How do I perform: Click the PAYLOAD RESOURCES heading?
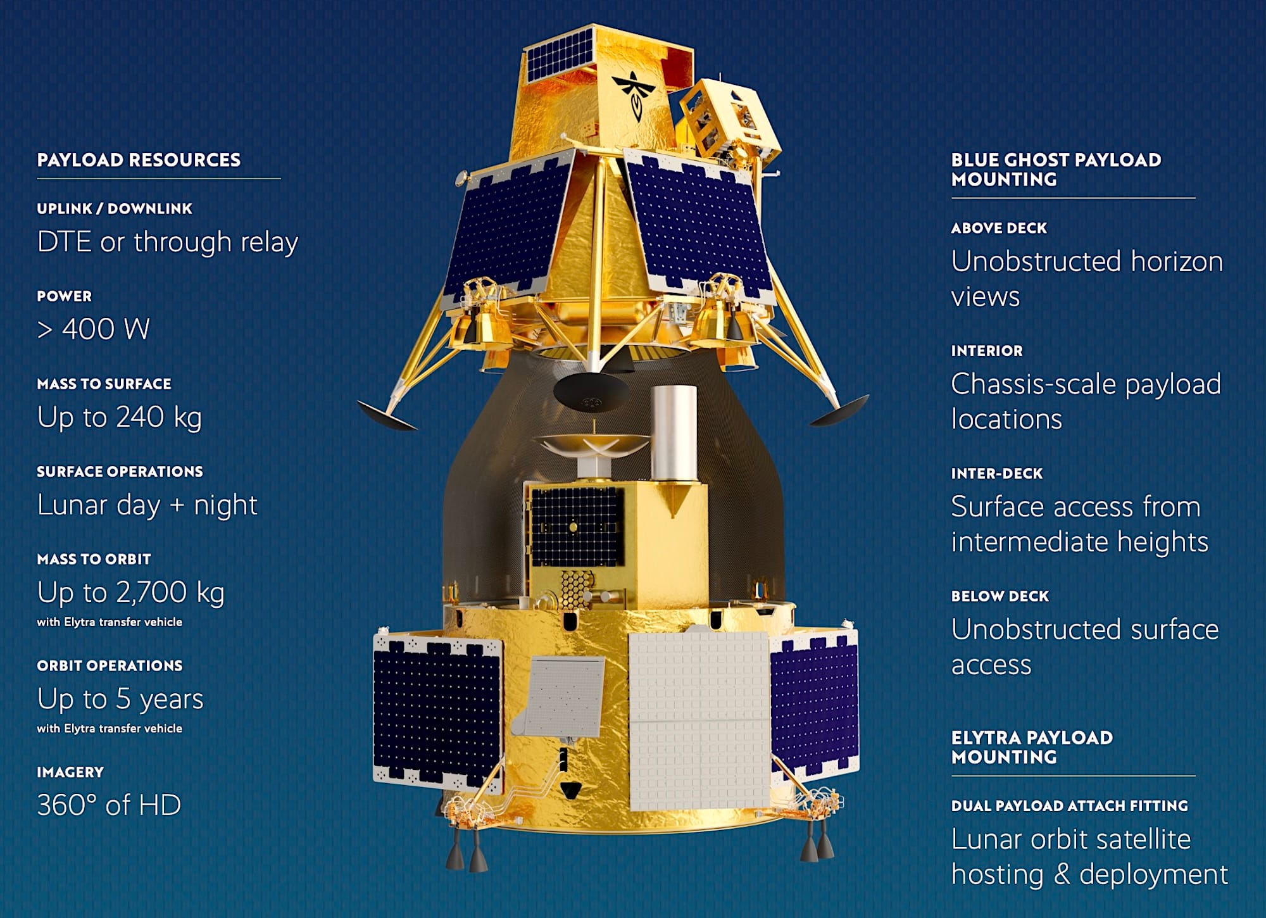139,160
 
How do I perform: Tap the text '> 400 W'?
93,329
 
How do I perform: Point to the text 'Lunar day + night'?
147,505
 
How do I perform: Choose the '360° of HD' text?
109,805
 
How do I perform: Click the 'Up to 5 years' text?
120,699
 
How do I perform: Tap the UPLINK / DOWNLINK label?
115,209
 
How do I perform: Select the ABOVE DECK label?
999,228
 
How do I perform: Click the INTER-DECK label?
996,474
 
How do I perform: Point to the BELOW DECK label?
1000,596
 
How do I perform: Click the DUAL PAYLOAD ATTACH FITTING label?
1069,806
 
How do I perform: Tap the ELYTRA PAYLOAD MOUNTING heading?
1032,747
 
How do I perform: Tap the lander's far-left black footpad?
387,415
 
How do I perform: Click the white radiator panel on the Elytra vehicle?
699,721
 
